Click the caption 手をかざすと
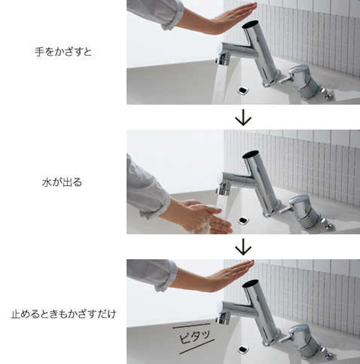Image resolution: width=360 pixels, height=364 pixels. pos(63,52)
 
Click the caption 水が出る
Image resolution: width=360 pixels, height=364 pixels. pos(62,183)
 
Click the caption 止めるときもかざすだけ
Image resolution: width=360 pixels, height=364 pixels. pos(63,314)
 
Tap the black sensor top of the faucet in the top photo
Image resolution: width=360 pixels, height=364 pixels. pos(250,24)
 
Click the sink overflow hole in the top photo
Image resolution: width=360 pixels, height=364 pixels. pos(243,90)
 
